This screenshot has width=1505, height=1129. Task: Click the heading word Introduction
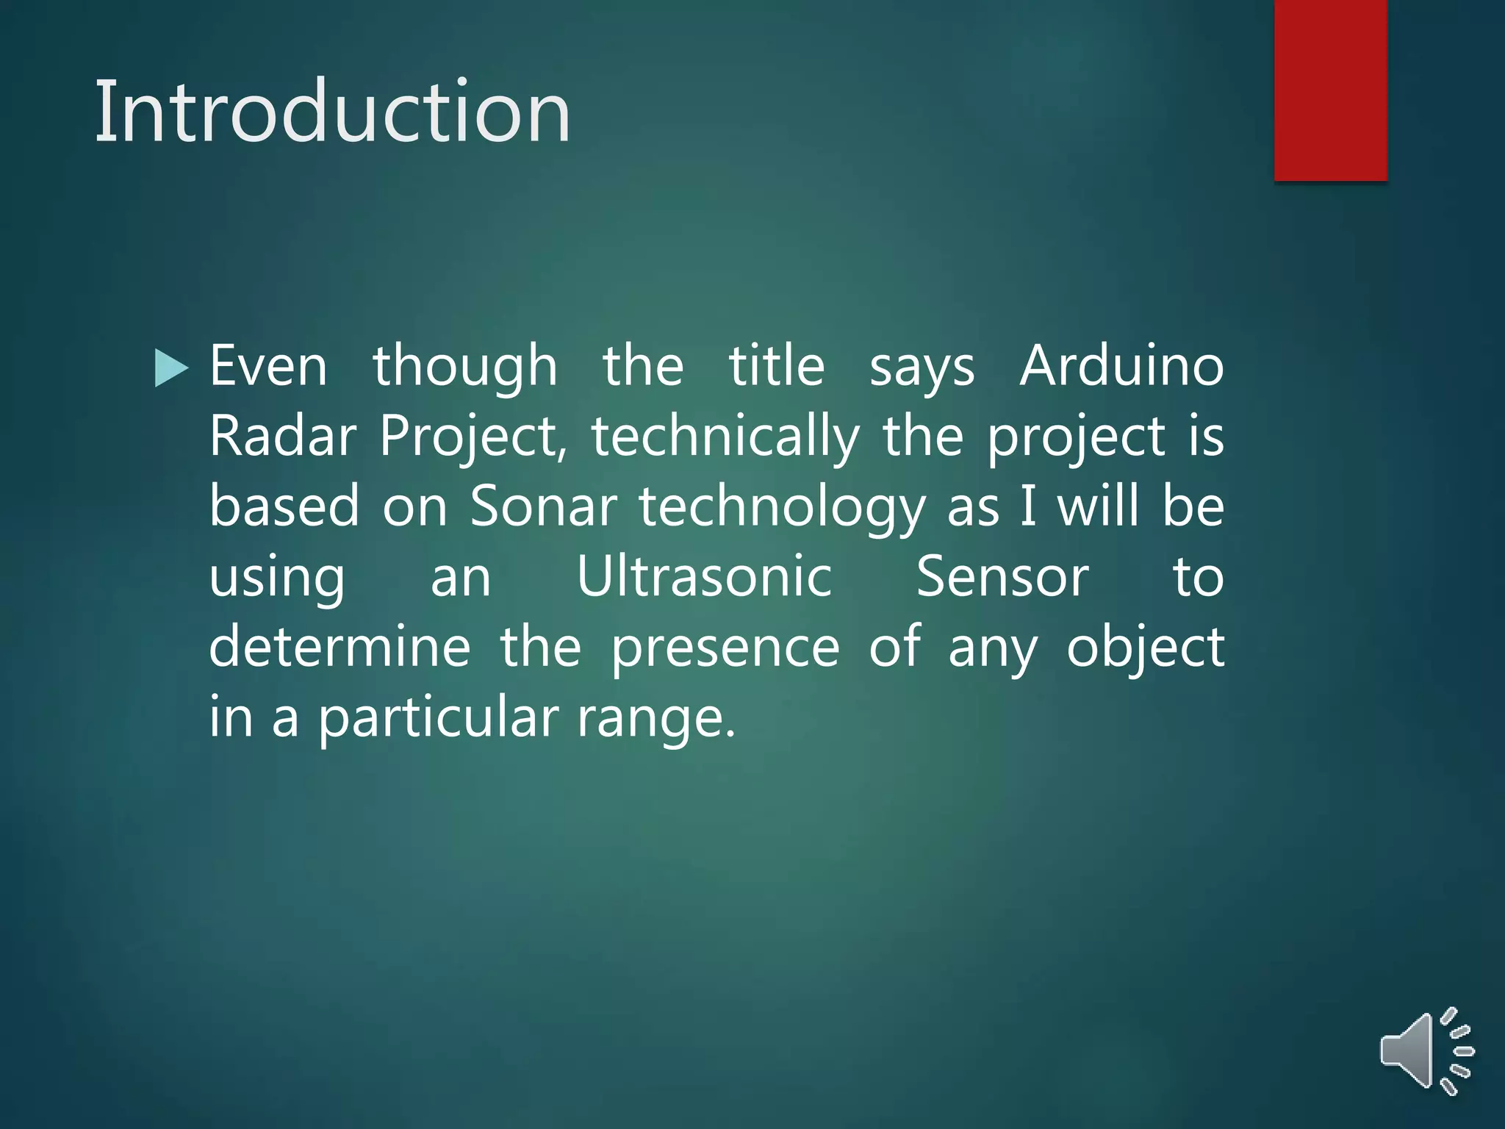333,112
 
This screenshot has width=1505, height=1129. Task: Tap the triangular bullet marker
172,368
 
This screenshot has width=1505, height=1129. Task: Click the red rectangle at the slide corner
1330,90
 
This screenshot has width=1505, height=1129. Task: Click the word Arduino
1121,366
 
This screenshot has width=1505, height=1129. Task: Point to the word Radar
283,437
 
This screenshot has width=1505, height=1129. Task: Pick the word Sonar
544,506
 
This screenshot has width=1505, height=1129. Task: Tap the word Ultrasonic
704,577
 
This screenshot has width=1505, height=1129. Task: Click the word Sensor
1002,577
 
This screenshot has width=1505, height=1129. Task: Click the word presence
725,648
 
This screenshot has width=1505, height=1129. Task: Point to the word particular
438,718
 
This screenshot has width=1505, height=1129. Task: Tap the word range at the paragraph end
655,720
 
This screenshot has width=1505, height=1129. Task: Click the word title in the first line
777,366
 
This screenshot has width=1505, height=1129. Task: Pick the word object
1145,648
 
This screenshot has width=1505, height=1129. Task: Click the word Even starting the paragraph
268,366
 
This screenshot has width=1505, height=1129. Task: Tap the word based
284,506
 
